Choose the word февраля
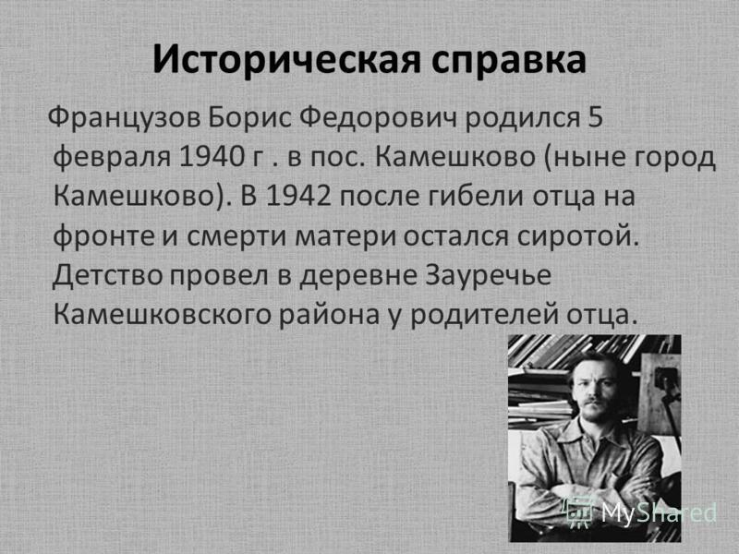coord(110,156)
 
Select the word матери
coord(346,235)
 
